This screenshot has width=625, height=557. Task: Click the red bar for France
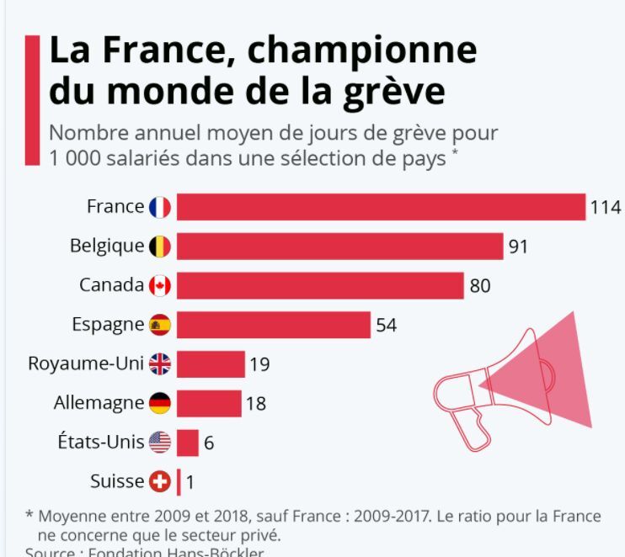point(381,207)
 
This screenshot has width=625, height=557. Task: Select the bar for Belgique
point(339,247)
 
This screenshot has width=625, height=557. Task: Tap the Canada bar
point(320,285)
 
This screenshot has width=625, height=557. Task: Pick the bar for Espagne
point(274,325)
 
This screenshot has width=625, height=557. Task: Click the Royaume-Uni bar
point(211,364)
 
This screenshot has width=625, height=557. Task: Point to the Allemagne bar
point(209,403)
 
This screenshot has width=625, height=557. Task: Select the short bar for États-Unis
point(188,443)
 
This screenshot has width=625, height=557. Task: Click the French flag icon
point(160,207)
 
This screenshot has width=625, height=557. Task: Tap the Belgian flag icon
point(160,247)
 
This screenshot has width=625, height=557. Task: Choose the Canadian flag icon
point(160,286)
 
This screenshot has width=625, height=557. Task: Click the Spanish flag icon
point(160,325)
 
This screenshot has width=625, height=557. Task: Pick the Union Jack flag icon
point(160,364)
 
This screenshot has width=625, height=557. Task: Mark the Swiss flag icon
point(160,482)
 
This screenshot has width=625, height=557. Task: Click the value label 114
point(605,208)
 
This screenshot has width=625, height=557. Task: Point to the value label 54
point(386,326)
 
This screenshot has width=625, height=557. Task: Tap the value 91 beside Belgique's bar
point(518,247)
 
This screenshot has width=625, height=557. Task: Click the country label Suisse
point(117,482)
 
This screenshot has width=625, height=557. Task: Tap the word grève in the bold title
point(398,91)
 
